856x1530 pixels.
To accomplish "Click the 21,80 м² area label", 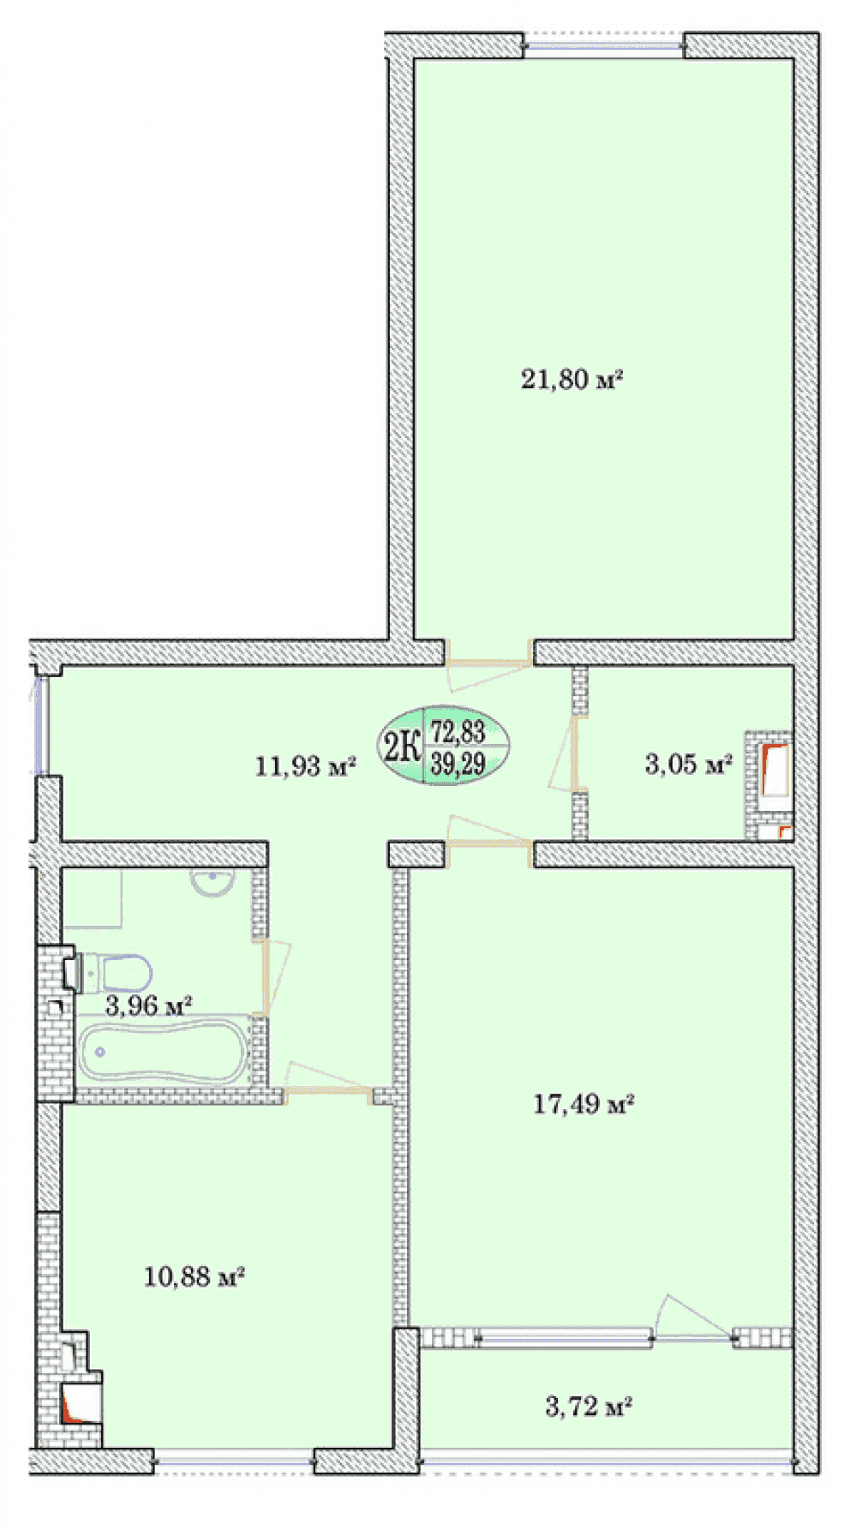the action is [x=571, y=378].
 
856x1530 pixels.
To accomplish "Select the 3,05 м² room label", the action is [x=688, y=763].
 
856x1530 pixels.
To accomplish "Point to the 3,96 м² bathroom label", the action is [x=148, y=1005].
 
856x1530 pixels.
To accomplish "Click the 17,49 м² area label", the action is [x=584, y=1103].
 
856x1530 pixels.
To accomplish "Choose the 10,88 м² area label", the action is [x=195, y=1276].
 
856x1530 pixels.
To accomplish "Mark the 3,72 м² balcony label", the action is [x=589, y=1406].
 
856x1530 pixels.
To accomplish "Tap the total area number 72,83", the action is [x=458, y=731].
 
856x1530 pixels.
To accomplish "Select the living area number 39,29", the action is [x=458, y=763].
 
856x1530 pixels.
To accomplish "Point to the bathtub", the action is [x=165, y=1052].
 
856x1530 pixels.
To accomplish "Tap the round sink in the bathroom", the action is [x=211, y=882].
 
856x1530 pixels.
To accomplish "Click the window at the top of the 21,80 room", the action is [x=605, y=45].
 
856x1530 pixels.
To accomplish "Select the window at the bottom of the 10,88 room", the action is [x=234, y=1462].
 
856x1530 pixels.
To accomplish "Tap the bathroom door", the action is [x=272, y=978].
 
